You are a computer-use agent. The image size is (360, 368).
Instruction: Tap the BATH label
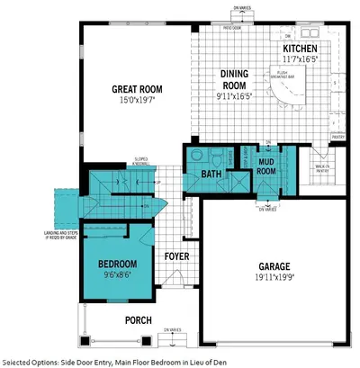pos(211,174)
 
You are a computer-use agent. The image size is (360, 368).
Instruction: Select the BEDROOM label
pos(117,264)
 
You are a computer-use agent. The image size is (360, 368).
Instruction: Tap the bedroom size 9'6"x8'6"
pos(117,275)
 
